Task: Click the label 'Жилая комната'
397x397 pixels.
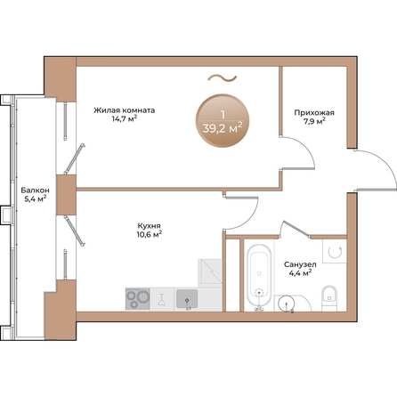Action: click(124, 111)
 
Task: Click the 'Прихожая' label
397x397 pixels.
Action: click(314, 112)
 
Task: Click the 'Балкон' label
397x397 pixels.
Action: click(36, 190)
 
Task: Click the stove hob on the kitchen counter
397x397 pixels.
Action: click(138, 297)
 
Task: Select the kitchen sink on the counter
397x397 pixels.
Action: click(187, 297)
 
